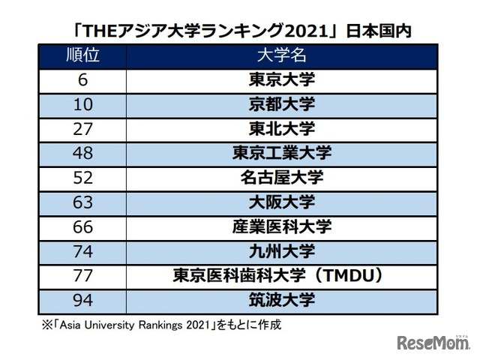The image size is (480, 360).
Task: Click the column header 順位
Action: tap(82, 55)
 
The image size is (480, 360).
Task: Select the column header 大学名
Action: tap(282, 55)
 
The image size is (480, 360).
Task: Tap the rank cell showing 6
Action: tap(82, 80)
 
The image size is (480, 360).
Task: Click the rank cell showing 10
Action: tap(82, 105)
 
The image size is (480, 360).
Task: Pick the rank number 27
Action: tap(82, 129)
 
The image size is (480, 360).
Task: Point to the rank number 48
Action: tap(82, 153)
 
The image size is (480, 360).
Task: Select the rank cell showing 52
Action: tap(82, 178)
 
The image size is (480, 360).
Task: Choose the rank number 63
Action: tap(82, 202)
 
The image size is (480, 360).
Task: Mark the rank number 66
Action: tap(82, 227)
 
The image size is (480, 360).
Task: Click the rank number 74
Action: tap(82, 252)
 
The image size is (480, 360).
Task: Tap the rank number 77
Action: tap(82, 276)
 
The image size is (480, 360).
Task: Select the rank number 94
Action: tap(82, 300)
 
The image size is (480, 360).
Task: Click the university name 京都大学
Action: tap(282, 104)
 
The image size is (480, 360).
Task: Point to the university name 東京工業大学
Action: tap(282, 153)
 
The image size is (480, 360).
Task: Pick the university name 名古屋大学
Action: tap(282, 178)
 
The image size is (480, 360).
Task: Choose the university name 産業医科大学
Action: tap(282, 226)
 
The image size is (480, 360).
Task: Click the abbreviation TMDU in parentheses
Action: tap(349, 276)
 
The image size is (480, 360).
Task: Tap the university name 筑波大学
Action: tap(282, 300)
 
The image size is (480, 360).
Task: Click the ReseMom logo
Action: tap(433, 343)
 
